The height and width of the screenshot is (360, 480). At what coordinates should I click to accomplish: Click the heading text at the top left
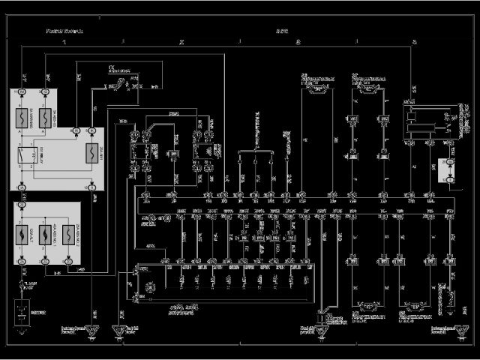[x=64, y=31]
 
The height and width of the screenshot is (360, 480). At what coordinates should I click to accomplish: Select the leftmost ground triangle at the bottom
[x=91, y=330]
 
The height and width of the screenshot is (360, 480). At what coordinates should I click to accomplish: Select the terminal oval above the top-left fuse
[x=23, y=91]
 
